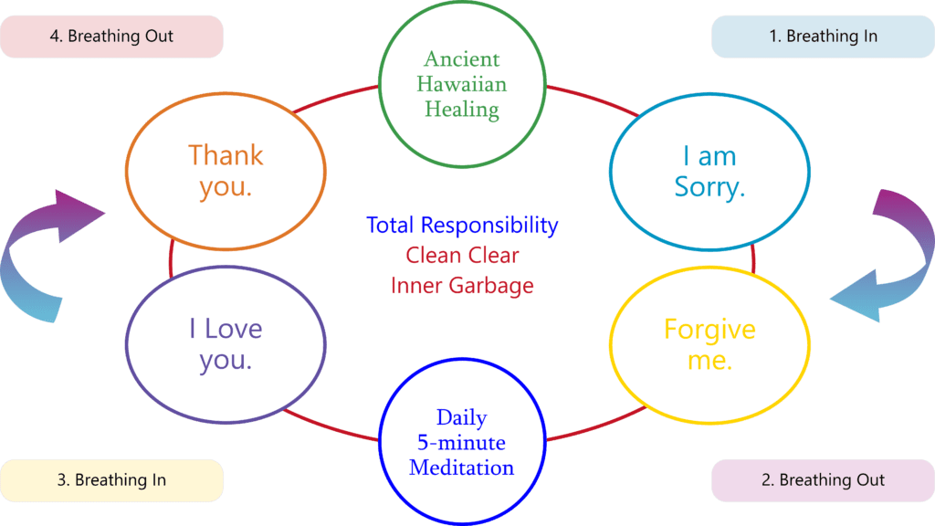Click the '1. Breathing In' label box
pyautogui.click(x=823, y=37)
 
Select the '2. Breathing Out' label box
pyautogui.click(x=823, y=480)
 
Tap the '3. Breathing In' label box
pyautogui.click(x=111, y=480)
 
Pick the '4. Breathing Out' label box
pyautogui.click(x=111, y=37)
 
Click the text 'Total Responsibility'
pyautogui.click(x=462, y=226)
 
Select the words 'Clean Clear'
pyautogui.click(x=462, y=256)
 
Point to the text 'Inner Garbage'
pyautogui.click(x=462, y=286)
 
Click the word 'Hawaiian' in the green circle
pyautogui.click(x=462, y=84)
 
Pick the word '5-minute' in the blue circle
pyautogui.click(x=461, y=443)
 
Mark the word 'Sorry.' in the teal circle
pyautogui.click(x=709, y=187)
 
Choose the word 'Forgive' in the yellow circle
pyautogui.click(x=709, y=330)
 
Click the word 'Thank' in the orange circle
pyautogui.click(x=226, y=155)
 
